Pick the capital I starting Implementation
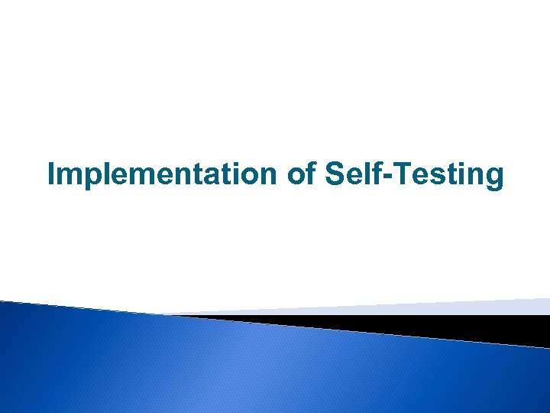click(52, 174)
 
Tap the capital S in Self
click(336, 174)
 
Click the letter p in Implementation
click(90, 179)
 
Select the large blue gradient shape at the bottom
click(229, 367)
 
